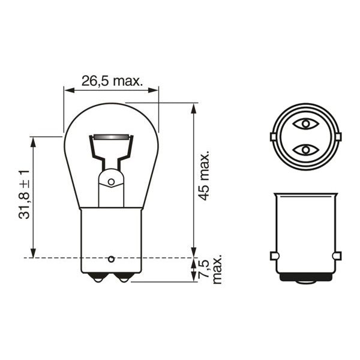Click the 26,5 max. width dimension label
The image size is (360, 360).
(112, 81)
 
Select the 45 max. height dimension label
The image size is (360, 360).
(204, 176)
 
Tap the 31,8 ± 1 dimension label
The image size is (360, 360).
(25, 194)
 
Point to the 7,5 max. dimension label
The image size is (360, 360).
(211, 269)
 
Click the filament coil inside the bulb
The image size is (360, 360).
(111, 137)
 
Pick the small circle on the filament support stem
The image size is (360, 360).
(111, 182)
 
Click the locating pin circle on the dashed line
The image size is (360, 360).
(111, 259)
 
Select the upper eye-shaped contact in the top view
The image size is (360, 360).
(305, 124)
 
